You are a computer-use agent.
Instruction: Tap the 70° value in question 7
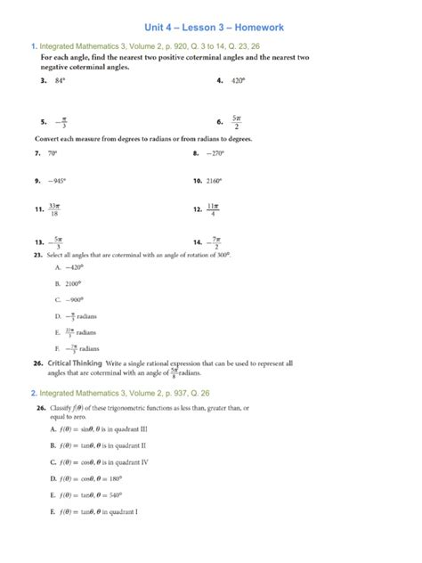pos(61,153)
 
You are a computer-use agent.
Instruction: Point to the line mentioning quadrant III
pos(112,428)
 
